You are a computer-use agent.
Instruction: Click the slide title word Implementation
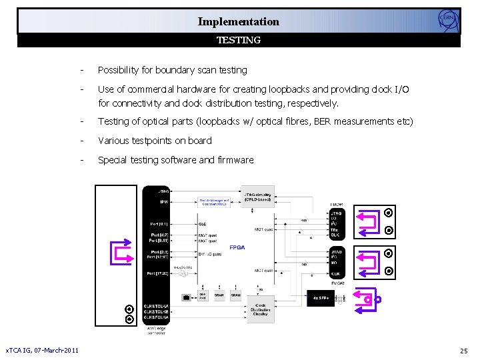point(238,21)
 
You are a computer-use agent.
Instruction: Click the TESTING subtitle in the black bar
point(239,40)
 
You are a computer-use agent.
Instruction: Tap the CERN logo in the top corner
point(449,20)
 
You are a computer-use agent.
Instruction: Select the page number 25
point(463,351)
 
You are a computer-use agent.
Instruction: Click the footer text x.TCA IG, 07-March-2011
point(41,351)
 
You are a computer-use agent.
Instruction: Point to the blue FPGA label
point(237,247)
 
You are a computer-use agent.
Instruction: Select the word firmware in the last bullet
point(235,160)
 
